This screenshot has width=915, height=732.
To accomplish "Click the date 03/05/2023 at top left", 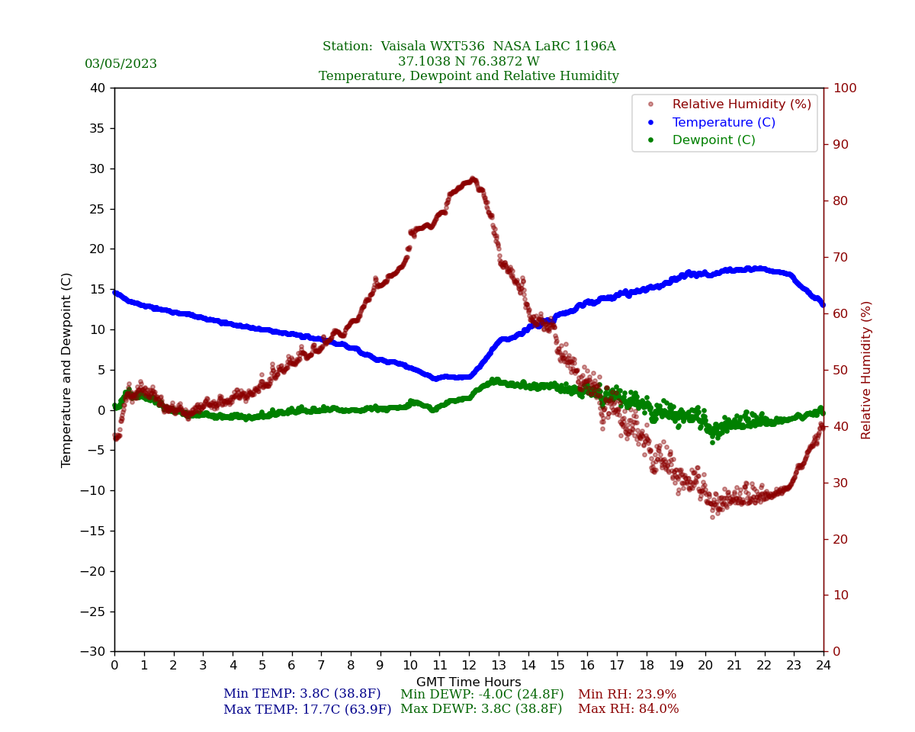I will click(120, 64).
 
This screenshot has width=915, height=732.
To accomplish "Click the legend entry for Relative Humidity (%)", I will click(741, 104).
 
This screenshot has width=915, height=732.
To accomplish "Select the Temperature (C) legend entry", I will click(723, 123).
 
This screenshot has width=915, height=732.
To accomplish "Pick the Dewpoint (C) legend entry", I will click(713, 140).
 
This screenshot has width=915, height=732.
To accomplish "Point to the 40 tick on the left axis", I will click(98, 88).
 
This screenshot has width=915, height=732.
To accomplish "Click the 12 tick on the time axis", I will click(469, 666).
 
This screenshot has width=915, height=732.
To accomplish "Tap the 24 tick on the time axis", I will click(823, 666).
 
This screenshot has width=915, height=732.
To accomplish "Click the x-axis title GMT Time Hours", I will click(468, 682).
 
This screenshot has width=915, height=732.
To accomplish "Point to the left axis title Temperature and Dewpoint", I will click(67, 370).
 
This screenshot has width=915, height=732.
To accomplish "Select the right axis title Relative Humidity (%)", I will click(866, 370).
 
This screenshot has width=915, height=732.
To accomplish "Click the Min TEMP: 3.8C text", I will click(302, 695).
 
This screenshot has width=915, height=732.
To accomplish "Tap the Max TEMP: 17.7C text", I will click(307, 710).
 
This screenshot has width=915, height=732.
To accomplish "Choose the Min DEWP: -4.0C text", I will click(482, 695).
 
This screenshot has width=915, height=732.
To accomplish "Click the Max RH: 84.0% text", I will click(628, 710).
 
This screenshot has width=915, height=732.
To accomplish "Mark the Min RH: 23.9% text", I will click(627, 695).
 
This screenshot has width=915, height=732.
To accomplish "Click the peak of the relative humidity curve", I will click(473, 179).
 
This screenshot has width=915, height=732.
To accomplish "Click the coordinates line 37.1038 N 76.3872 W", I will click(468, 62).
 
